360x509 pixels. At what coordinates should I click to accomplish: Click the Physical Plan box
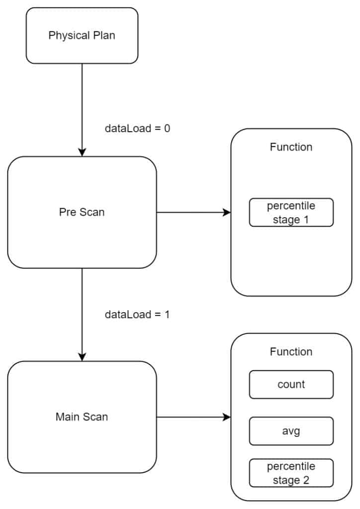pyautogui.click(x=82, y=36)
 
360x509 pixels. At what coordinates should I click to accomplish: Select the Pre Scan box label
pyautogui.click(x=82, y=212)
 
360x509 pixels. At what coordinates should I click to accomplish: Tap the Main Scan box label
pyautogui.click(x=82, y=417)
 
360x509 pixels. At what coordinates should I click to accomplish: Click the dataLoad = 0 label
pyautogui.click(x=137, y=128)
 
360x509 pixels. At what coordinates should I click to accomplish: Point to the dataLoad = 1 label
pyautogui.click(x=137, y=315)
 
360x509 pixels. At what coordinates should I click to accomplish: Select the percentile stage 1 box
pyautogui.click(x=291, y=213)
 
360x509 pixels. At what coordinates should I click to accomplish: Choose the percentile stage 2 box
pyautogui.click(x=291, y=473)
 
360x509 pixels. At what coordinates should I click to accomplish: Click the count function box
pyautogui.click(x=291, y=384)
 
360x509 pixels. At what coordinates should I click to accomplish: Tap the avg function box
pyautogui.click(x=291, y=430)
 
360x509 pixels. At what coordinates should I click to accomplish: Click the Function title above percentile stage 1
pyautogui.click(x=291, y=147)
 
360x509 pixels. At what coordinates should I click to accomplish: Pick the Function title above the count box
pyautogui.click(x=291, y=352)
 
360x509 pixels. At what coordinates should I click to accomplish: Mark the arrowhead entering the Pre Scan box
pyautogui.click(x=82, y=152)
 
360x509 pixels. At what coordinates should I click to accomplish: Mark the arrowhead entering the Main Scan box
pyautogui.click(x=82, y=357)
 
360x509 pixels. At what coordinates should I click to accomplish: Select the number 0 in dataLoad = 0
pyautogui.click(x=167, y=128)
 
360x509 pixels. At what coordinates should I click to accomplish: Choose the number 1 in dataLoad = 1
pyautogui.click(x=167, y=315)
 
